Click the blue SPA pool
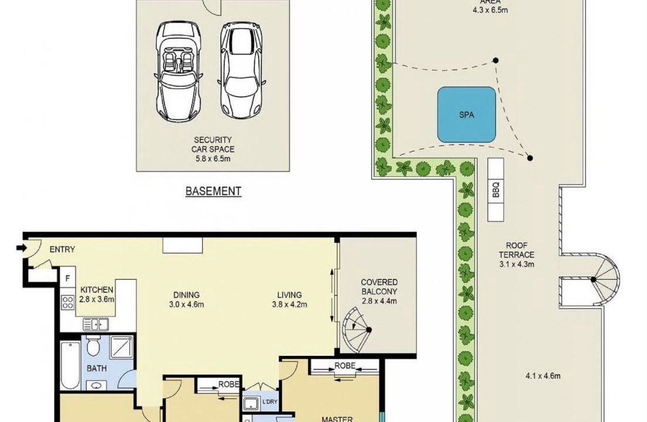click(x=466, y=115)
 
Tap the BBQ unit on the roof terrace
click(x=496, y=189)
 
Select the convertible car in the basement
click(x=179, y=71)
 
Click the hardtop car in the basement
click(x=241, y=70)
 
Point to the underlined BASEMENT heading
click(x=213, y=192)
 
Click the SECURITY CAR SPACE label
click(x=213, y=149)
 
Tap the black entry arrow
click(x=22, y=248)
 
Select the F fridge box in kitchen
click(x=67, y=278)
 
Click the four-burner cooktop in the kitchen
click(x=67, y=302)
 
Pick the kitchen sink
click(x=96, y=325)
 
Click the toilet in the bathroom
click(x=94, y=346)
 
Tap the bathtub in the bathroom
click(x=70, y=365)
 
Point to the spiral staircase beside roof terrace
click(x=607, y=280)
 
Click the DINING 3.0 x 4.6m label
click(x=186, y=300)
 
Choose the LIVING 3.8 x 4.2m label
click(x=290, y=300)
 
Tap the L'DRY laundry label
click(x=270, y=402)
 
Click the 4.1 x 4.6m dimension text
click(x=543, y=376)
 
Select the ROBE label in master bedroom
click(x=345, y=366)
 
